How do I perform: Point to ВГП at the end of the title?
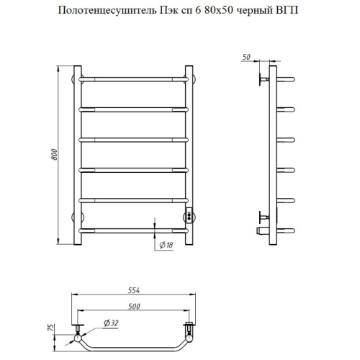point(285,11)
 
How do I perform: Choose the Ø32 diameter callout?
point(112,323)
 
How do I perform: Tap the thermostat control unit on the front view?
point(189,214)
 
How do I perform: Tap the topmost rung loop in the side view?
point(284,77)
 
